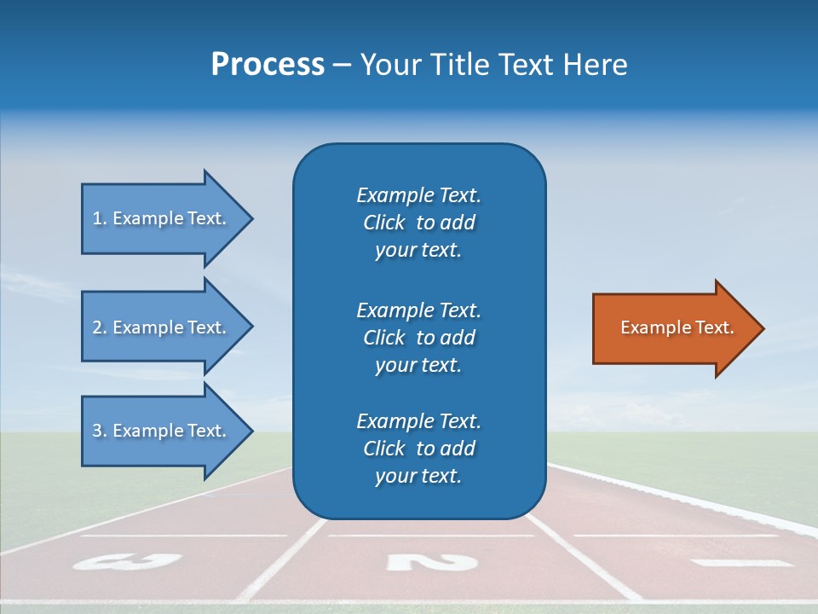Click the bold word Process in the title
[x=268, y=65]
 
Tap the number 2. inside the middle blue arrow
[x=99, y=327]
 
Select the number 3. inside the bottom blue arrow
[x=99, y=431]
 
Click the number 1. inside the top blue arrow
[x=99, y=218]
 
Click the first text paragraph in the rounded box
[x=418, y=223]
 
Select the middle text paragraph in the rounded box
[x=418, y=338]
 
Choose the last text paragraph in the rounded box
[x=418, y=449]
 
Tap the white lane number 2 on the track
[x=431, y=562]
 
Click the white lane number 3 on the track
[x=128, y=561]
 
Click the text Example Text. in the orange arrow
[x=677, y=327]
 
